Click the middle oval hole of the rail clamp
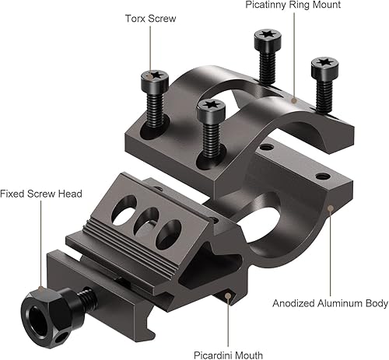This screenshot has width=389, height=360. pyautogui.click(x=142, y=225)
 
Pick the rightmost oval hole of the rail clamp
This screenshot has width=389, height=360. pyautogui.click(x=170, y=233)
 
